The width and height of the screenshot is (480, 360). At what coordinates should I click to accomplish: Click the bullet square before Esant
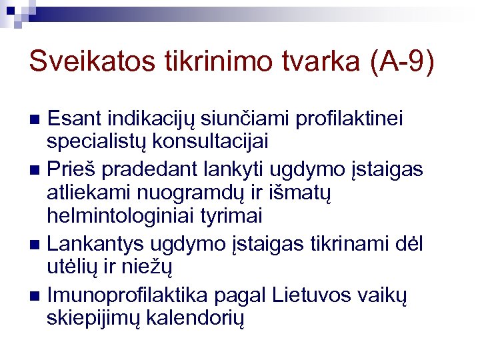37,121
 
